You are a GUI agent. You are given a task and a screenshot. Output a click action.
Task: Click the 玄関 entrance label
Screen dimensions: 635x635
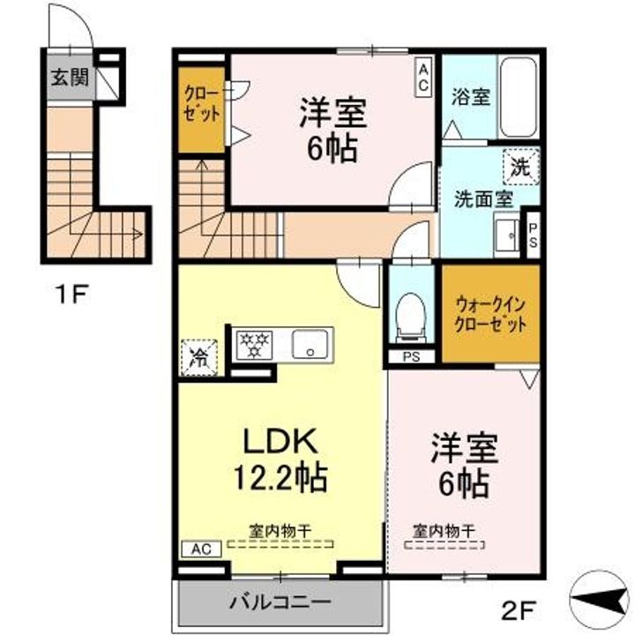69,78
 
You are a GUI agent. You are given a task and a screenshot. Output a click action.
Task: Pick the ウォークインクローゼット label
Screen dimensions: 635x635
490,314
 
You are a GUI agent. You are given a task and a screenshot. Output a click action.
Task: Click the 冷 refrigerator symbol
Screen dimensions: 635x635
198,356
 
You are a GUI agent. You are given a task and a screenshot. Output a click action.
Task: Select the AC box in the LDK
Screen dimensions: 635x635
201,549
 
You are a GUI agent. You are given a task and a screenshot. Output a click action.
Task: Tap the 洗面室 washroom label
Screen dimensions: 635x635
483,198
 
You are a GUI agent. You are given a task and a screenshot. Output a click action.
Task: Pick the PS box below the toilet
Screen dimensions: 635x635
411,357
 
